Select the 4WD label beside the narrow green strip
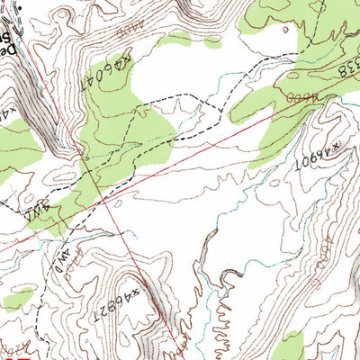38,216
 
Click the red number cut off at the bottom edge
11,352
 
